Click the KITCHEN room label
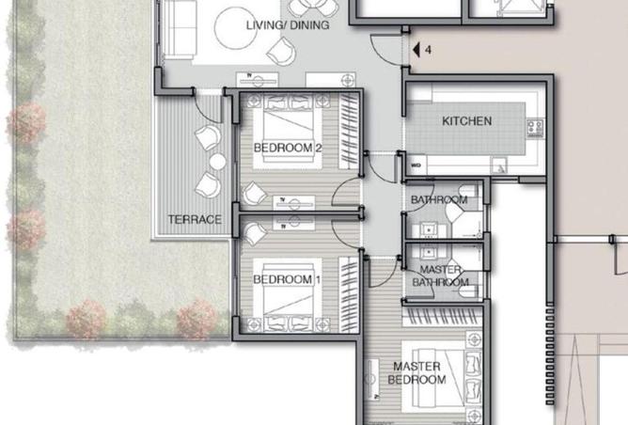(466, 121)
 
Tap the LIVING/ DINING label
(288, 25)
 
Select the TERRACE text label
(195, 219)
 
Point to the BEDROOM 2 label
(288, 148)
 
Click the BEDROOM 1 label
(287, 279)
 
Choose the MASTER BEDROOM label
(416, 373)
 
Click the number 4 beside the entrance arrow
(428, 50)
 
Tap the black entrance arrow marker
(416, 50)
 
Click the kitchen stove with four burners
(535, 127)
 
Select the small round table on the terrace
(217, 162)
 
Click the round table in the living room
(235, 28)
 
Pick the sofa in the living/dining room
(179, 29)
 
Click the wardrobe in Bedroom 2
(349, 132)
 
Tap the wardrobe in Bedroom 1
(349, 295)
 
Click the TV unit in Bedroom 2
(294, 203)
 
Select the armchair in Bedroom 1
(255, 234)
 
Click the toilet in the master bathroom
(468, 291)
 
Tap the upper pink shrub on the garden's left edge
(26, 123)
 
